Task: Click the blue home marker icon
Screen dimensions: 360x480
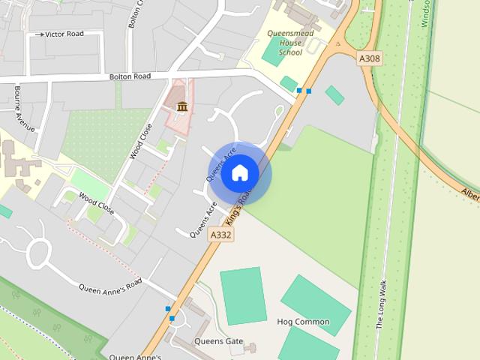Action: tap(239, 173)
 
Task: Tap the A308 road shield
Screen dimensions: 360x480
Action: tap(370, 58)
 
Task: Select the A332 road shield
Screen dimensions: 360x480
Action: tap(221, 235)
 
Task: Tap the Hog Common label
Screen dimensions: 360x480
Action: tap(303, 322)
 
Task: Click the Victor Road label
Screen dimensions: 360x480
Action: tap(64, 34)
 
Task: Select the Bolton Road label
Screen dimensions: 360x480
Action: tap(130, 76)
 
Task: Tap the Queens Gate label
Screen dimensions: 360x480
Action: tap(218, 341)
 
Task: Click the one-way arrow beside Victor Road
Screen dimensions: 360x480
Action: tap(39, 34)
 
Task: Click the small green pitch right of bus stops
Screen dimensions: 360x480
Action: tap(334, 95)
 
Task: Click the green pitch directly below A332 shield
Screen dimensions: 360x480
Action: tap(243, 295)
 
